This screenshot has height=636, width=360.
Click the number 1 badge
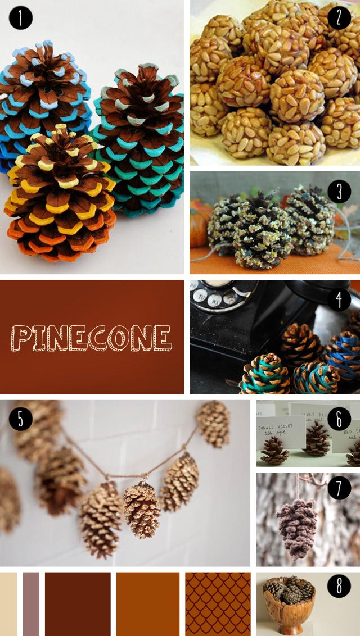click(x=21, y=18)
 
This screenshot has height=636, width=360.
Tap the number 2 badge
click(x=339, y=18)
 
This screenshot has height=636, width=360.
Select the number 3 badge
click(x=339, y=192)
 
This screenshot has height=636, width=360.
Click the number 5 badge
click(x=21, y=419)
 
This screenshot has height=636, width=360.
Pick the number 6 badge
click(x=339, y=419)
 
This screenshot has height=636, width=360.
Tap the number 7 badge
click(x=339, y=488)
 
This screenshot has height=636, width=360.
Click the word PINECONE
click(x=92, y=338)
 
